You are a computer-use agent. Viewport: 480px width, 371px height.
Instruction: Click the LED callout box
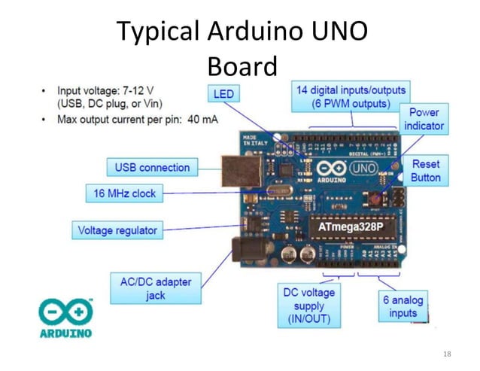(223, 94)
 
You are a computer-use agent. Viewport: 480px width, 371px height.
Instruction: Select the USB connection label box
(152, 167)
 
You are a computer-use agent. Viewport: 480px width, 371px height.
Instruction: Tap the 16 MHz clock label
(125, 193)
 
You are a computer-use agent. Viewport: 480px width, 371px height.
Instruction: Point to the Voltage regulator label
(118, 230)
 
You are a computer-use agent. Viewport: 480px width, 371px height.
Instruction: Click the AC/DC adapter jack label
(156, 289)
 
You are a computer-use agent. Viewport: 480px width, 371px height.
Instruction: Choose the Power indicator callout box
(424, 119)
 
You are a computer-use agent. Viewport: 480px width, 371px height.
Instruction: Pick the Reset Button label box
(426, 170)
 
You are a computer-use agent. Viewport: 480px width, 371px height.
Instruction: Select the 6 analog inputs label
(403, 306)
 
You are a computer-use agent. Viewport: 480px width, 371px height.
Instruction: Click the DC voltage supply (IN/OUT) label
(309, 306)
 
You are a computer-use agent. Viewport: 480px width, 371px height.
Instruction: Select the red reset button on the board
(374, 198)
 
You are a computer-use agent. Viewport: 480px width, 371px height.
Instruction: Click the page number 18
(448, 353)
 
